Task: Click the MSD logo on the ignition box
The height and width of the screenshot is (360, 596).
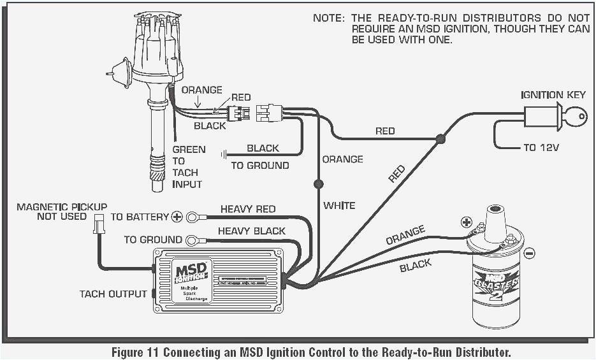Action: pyautogui.click(x=191, y=270)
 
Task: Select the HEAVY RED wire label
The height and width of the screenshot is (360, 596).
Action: pyautogui.click(x=248, y=209)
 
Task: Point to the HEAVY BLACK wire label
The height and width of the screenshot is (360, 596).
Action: pyautogui.click(x=251, y=231)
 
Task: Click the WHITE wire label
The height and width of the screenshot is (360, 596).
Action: pyautogui.click(x=339, y=205)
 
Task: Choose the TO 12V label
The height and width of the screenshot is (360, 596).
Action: pyautogui.click(x=541, y=147)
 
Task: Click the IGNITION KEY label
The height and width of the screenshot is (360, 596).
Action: pyautogui.click(x=553, y=95)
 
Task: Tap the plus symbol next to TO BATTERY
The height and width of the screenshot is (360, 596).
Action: pyautogui.click(x=177, y=217)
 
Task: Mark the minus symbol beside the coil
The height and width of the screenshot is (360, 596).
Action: pyautogui.click(x=529, y=253)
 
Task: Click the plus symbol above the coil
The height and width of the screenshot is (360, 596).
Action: pyautogui.click(x=466, y=222)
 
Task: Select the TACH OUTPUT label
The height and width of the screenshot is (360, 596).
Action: pyautogui.click(x=113, y=294)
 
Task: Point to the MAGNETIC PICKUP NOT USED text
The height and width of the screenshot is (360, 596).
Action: pyautogui.click(x=62, y=212)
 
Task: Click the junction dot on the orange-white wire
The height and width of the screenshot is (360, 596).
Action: pyautogui.click(x=317, y=184)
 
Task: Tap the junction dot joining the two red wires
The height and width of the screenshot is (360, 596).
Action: pyautogui.click(x=440, y=138)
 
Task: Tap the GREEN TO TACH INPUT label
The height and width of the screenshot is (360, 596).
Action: pyautogui.click(x=188, y=167)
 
